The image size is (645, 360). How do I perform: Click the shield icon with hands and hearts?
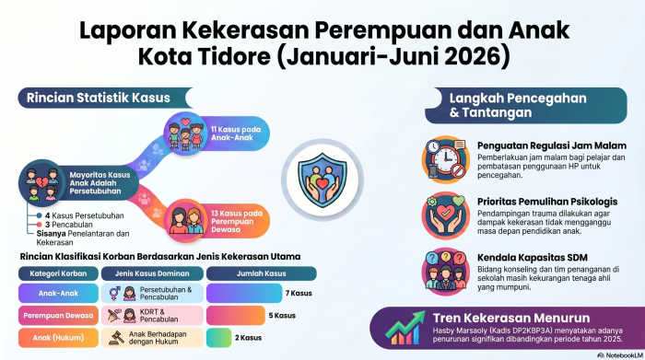coord(322,180)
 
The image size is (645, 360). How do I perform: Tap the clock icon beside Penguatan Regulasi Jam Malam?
coord(445,159)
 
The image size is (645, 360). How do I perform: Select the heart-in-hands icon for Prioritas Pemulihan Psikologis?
coord(445,215)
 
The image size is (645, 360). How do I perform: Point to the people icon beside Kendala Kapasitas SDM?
coord(445,272)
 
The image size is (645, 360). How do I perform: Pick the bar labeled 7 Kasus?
coord(244,293)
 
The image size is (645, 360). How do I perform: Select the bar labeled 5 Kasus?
coord(236,315)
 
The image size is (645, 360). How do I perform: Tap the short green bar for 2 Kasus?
coord(219,337)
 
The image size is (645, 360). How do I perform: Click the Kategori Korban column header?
coord(58,273)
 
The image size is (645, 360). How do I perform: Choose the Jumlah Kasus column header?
coord(261,273)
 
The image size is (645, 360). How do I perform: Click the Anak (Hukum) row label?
coord(58,337)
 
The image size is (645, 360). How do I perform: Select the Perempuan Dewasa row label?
coord(58,315)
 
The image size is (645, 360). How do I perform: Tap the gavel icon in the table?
coord(116,337)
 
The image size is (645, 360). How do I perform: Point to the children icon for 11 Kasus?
coord(185,134)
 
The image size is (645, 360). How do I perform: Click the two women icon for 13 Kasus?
coord(185,221)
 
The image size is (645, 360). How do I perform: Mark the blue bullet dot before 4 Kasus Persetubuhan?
coord(39,215)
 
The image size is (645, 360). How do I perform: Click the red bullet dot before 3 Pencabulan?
coord(39,225)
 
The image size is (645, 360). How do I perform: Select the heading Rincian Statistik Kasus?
coord(99,98)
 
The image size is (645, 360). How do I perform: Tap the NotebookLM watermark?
coord(620,355)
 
